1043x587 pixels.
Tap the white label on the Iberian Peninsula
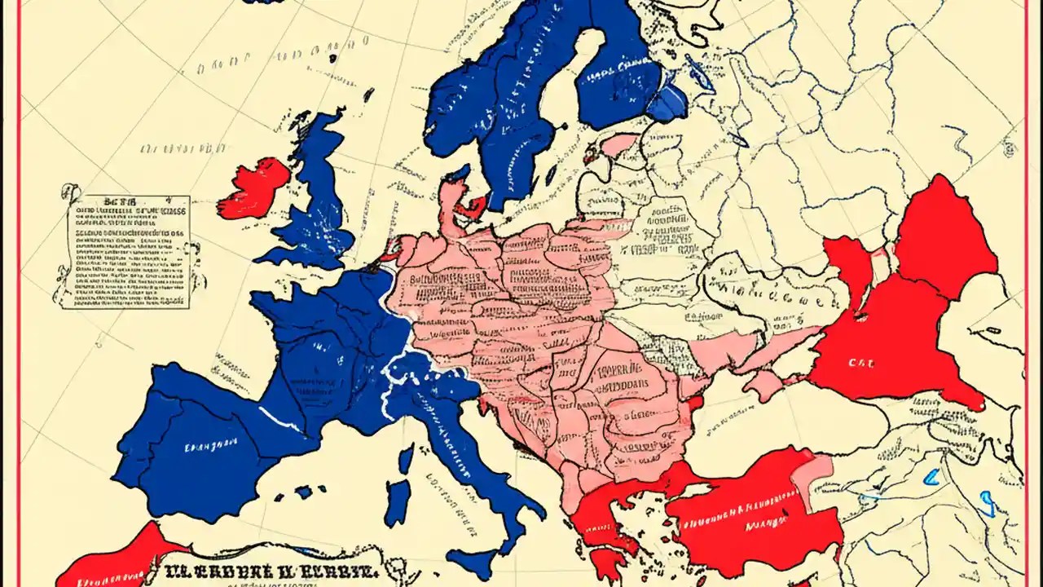point(210,446)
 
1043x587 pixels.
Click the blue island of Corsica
point(406,460)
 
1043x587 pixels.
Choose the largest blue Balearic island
point(304,492)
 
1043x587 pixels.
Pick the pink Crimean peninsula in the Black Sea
point(762,383)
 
